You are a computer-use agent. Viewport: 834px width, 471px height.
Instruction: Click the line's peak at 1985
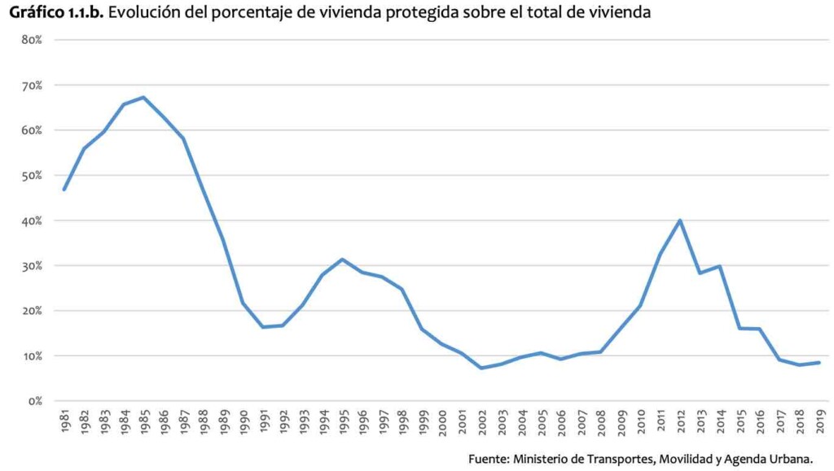(143, 98)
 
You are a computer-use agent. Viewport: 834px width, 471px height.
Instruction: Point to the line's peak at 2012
(680, 220)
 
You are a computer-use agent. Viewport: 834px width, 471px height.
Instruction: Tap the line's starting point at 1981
(64, 190)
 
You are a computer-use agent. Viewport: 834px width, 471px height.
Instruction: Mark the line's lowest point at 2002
(481, 368)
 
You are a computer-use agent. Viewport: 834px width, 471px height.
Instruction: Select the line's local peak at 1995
(342, 259)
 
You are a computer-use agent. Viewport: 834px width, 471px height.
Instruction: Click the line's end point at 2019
(819, 363)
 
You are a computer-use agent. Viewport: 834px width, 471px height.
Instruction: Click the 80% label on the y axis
(32, 40)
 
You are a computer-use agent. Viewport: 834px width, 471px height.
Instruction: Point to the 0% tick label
(35, 401)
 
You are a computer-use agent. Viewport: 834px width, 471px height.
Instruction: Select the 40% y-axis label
(32, 220)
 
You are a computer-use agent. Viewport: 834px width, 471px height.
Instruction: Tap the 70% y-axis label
(32, 85)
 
